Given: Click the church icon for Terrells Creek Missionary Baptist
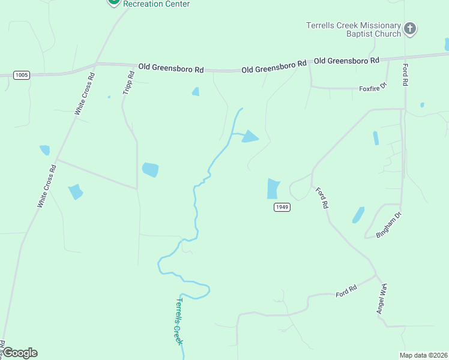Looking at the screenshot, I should [410, 29].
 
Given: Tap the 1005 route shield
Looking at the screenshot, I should [22, 75].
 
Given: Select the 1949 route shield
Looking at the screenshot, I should [282, 207].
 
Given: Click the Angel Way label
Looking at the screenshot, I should [382, 299].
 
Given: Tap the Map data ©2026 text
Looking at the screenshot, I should [423, 355].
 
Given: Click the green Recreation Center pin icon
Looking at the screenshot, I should [113, 2].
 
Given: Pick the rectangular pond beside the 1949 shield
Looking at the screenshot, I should [273, 188].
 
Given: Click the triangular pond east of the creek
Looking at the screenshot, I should [250, 137].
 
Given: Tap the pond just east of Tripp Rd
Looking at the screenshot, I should [150, 170].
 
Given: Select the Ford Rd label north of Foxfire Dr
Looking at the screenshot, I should [405, 74].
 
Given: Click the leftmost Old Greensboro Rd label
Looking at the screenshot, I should [170, 68].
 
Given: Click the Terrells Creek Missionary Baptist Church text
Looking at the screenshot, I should [353, 29].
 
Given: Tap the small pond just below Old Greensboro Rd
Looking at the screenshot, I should [195, 92].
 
